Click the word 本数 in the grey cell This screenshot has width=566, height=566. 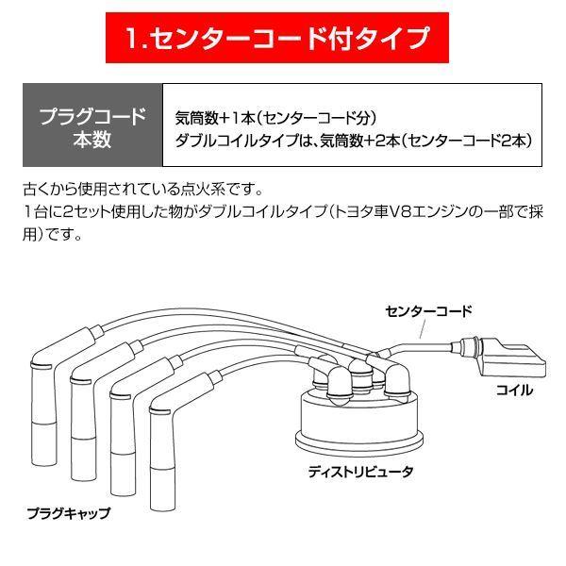(92, 141)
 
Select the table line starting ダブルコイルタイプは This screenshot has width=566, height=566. (354, 140)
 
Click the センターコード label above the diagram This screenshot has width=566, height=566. (428, 309)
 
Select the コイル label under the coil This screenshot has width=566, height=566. (514, 390)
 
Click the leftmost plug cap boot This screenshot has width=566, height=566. (45, 415)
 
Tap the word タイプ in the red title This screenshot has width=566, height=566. (396, 40)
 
